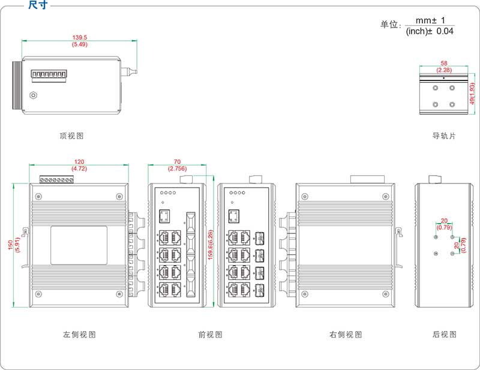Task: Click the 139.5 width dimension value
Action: click(79, 38)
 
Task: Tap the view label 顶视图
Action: click(72, 136)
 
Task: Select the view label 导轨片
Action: click(444, 136)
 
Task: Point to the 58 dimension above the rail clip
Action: click(444, 63)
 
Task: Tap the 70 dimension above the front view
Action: click(177, 162)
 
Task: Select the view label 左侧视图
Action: click(79, 335)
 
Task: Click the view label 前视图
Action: click(210, 335)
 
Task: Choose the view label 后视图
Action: click(444, 335)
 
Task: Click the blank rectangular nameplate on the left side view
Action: click(79, 246)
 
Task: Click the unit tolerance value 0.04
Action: click(445, 31)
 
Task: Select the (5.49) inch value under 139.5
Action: click(79, 45)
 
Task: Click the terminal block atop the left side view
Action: click(57, 179)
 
